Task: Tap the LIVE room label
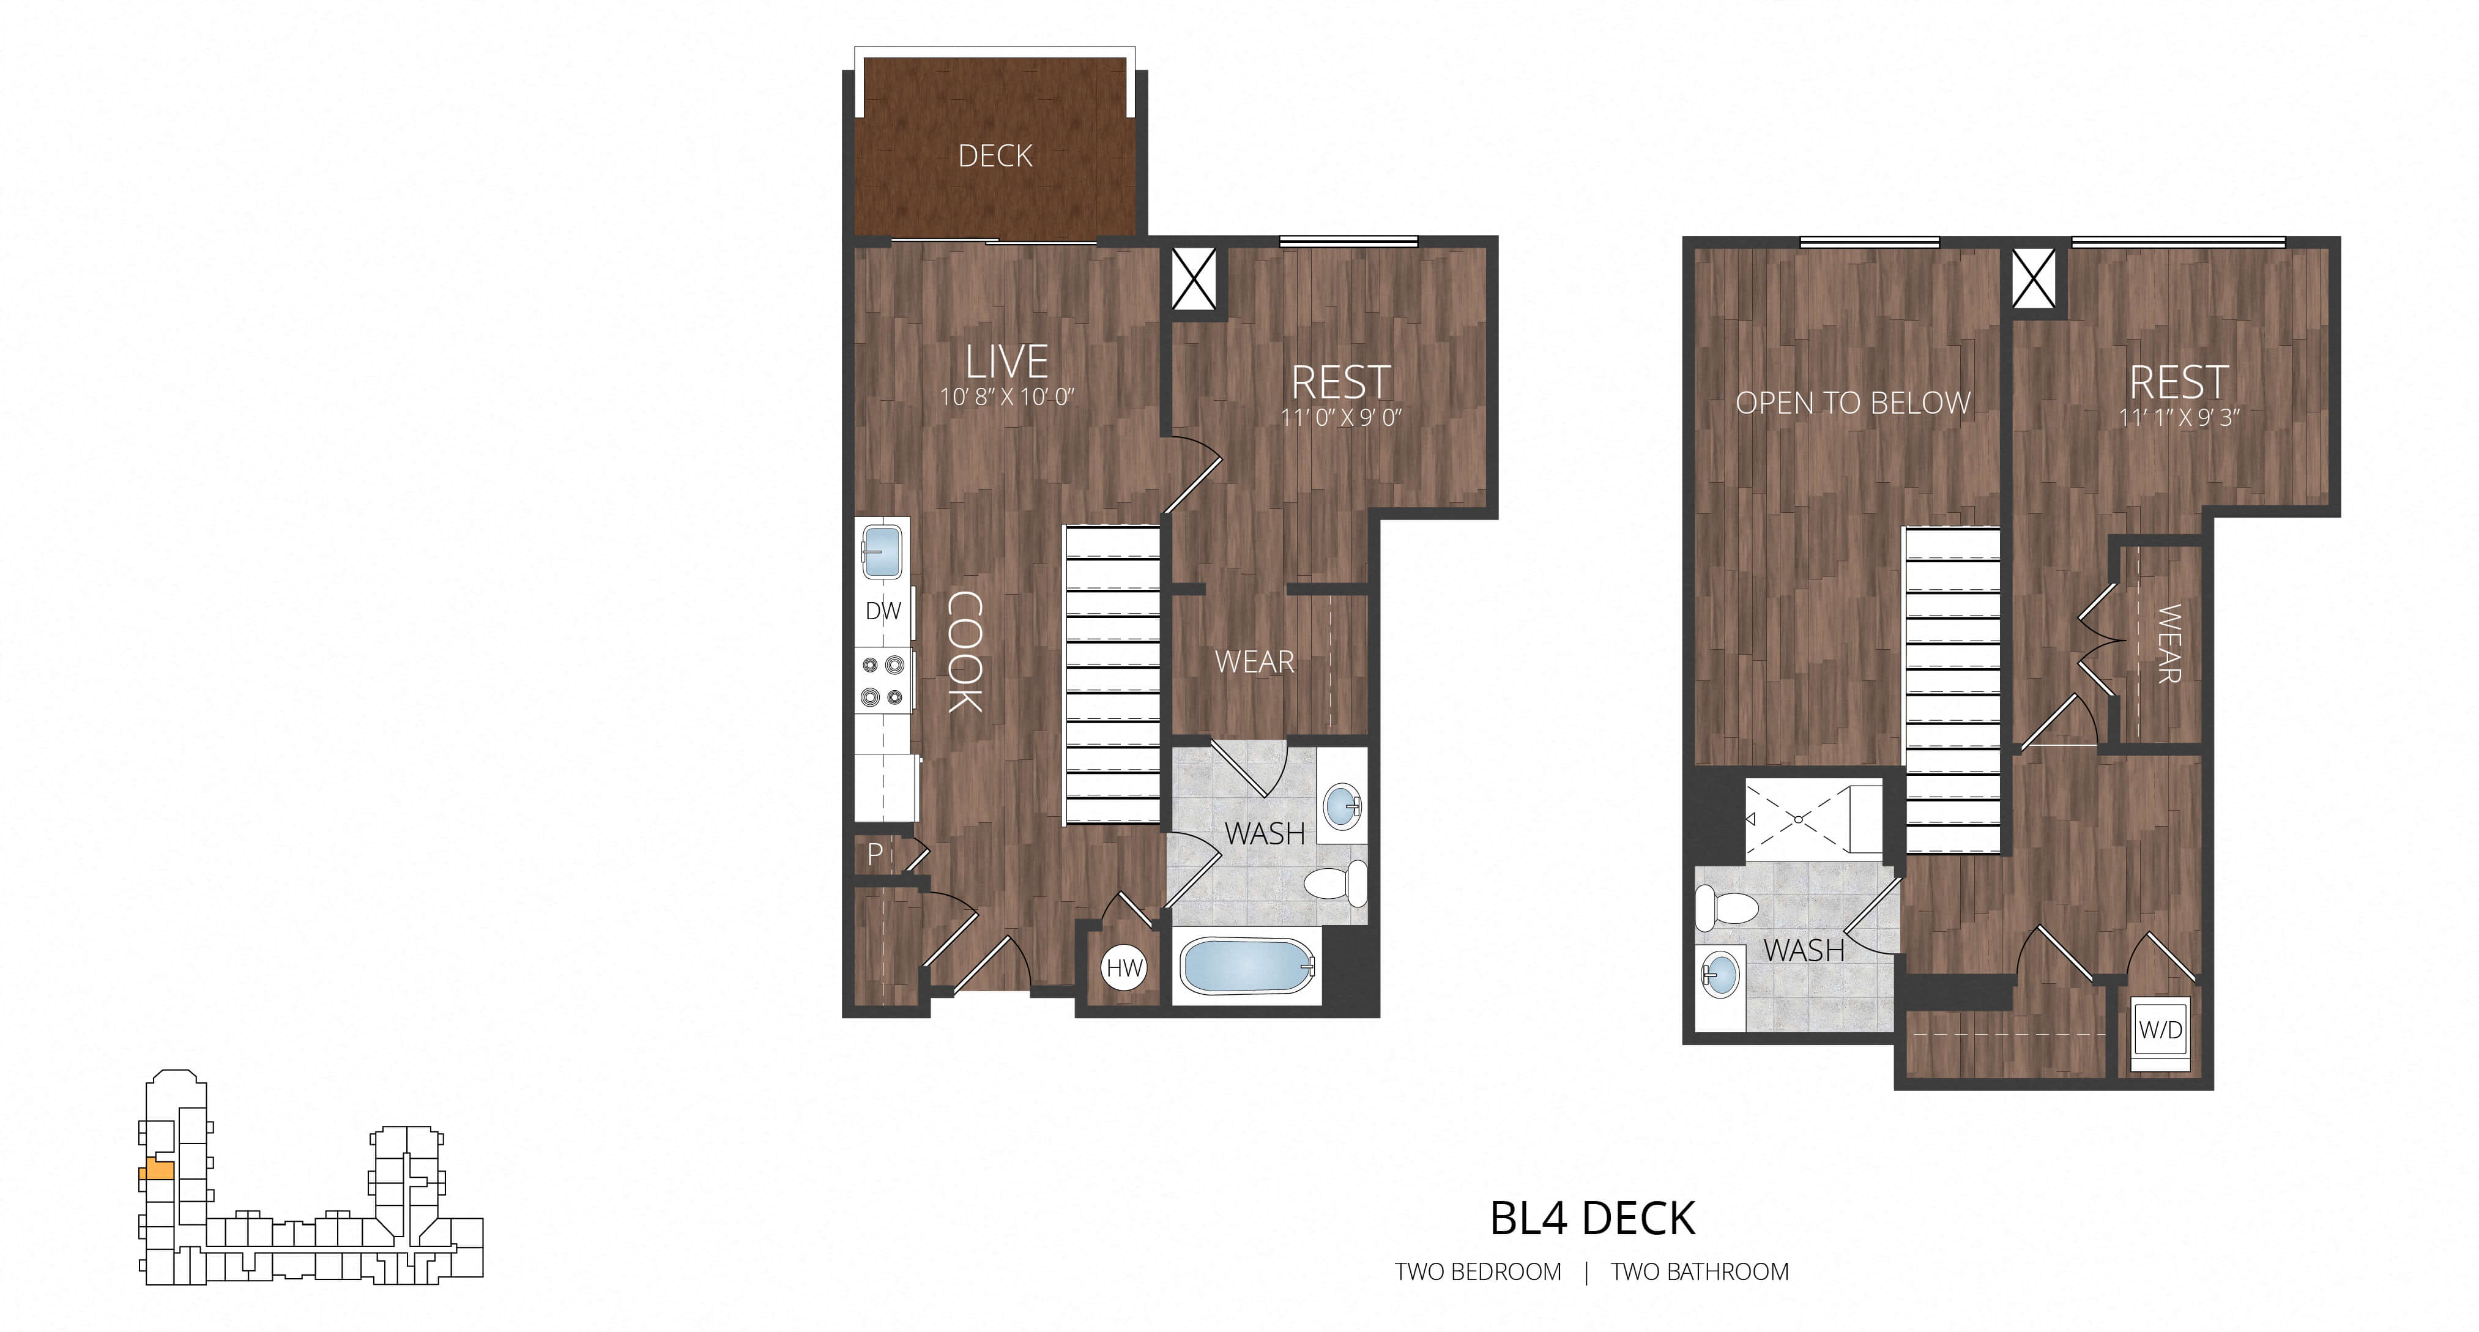click(x=1006, y=362)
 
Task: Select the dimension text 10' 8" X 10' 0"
click(x=1006, y=396)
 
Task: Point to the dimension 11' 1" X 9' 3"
click(x=2180, y=417)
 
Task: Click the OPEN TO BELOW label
click(x=1853, y=403)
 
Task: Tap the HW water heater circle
click(x=1124, y=967)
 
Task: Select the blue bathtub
click(x=1246, y=966)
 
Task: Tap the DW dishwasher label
click(x=882, y=610)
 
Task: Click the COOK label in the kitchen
click(x=964, y=652)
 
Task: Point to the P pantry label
click(x=875, y=853)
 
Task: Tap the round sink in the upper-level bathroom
click(x=1720, y=974)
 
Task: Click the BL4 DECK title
click(x=1593, y=1218)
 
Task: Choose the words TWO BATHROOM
click(x=1700, y=1271)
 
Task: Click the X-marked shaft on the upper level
click(x=2034, y=279)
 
